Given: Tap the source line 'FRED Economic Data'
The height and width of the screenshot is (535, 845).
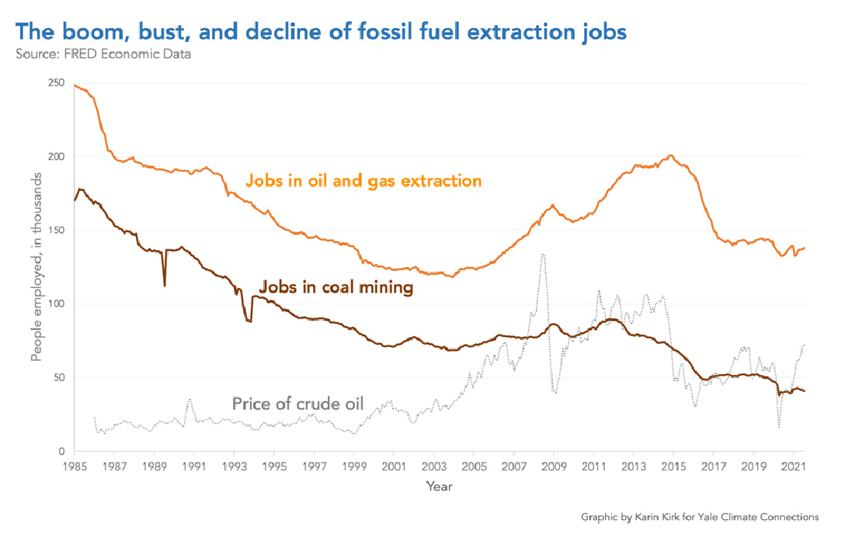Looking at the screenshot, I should tap(103, 54).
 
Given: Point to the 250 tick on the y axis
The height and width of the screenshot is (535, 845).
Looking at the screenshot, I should tap(56, 83).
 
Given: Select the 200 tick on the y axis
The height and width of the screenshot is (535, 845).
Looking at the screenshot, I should tap(56, 157).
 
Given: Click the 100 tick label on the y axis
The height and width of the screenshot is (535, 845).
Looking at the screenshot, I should tap(56, 304).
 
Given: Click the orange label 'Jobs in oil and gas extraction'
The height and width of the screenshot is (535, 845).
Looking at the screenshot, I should tap(363, 181).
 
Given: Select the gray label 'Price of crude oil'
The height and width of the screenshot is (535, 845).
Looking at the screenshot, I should tap(297, 404).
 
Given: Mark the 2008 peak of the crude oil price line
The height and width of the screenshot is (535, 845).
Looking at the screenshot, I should tap(542, 254).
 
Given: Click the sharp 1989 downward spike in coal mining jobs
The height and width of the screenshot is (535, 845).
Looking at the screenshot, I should tap(164, 286).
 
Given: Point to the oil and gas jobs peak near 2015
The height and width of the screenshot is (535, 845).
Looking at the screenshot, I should tap(671, 155).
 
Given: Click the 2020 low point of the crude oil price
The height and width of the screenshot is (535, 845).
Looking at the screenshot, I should tap(778, 426).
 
